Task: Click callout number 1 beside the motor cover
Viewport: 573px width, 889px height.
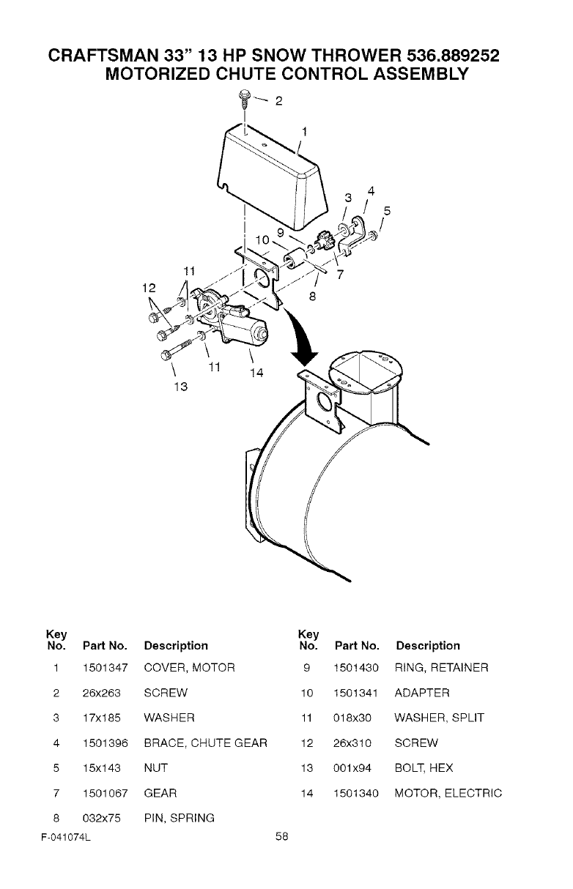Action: (x=305, y=132)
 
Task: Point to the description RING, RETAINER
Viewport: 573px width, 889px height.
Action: (x=441, y=668)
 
